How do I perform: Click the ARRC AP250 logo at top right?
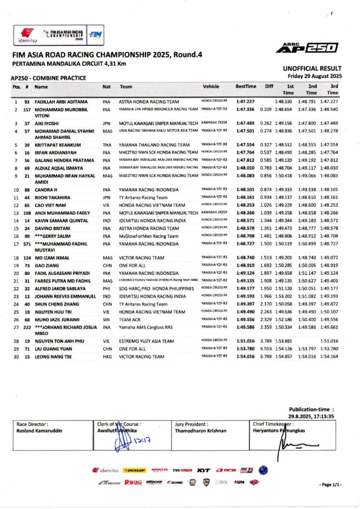coord(307,47)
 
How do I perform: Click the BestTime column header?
coord(246,87)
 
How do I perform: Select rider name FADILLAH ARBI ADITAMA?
coord(61,102)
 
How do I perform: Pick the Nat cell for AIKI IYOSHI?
coord(107,123)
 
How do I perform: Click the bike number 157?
coord(28,110)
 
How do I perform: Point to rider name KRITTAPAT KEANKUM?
coord(58,145)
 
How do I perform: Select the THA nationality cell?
coord(107,145)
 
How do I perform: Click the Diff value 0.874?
coord(266,190)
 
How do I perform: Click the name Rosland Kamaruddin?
coord(39,430)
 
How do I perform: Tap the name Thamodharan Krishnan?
coord(201,430)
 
